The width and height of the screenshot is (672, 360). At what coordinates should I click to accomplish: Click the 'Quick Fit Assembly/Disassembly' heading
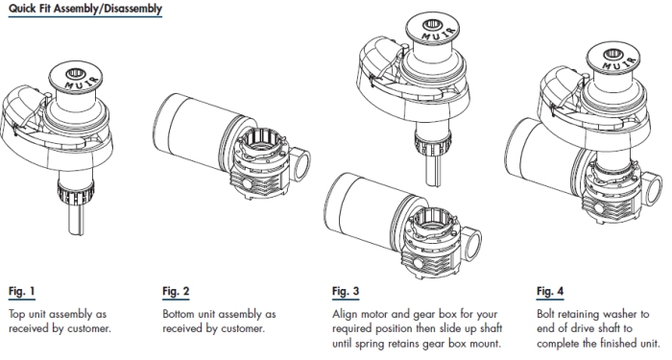[x=85, y=9]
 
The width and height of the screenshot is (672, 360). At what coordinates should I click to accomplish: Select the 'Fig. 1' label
[x=22, y=292]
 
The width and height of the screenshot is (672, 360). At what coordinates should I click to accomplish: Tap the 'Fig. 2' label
[x=176, y=292]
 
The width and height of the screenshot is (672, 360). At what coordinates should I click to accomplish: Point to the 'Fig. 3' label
[x=346, y=292]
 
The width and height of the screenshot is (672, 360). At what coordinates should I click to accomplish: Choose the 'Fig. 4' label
[x=550, y=292]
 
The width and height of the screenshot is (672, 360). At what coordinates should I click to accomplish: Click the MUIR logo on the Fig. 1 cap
[x=82, y=84]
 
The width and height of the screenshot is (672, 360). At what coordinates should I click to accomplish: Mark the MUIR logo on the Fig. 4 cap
[x=619, y=64]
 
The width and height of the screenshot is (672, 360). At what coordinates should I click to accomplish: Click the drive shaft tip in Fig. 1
[x=76, y=231]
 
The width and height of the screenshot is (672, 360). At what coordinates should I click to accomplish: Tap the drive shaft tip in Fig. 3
[x=434, y=182]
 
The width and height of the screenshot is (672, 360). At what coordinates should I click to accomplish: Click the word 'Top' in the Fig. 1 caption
[x=17, y=314]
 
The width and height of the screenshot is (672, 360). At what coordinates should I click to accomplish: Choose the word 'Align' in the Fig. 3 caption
[x=345, y=314]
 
